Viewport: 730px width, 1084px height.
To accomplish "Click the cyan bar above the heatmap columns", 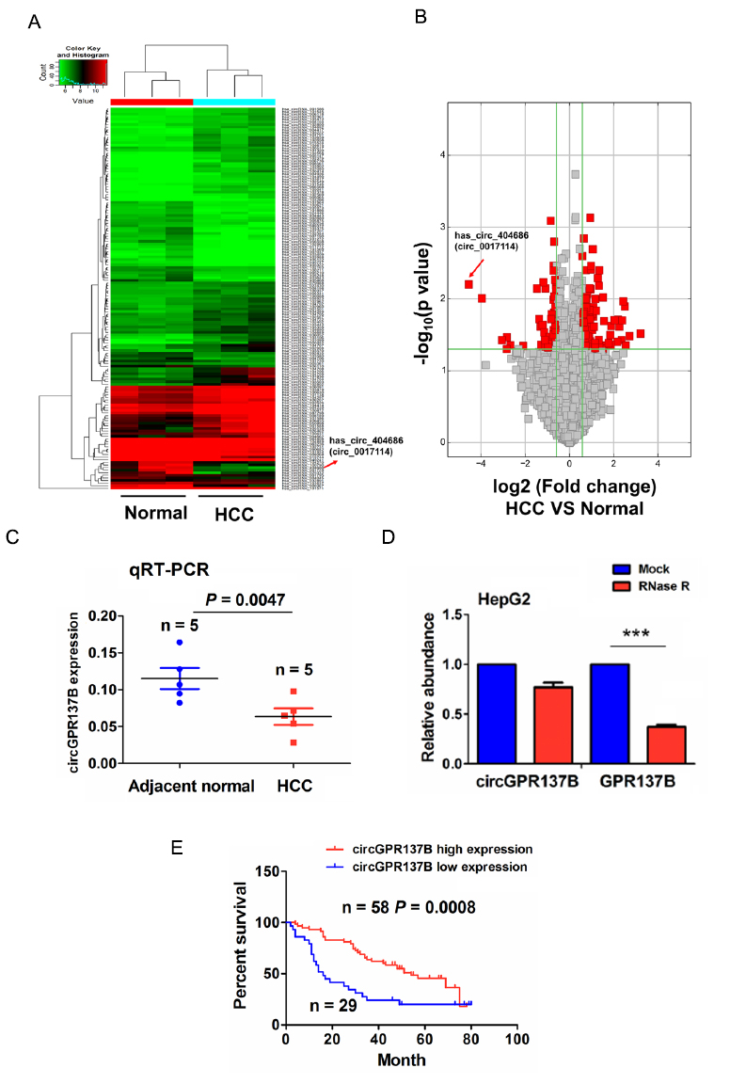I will pyautogui.click(x=234, y=101).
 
